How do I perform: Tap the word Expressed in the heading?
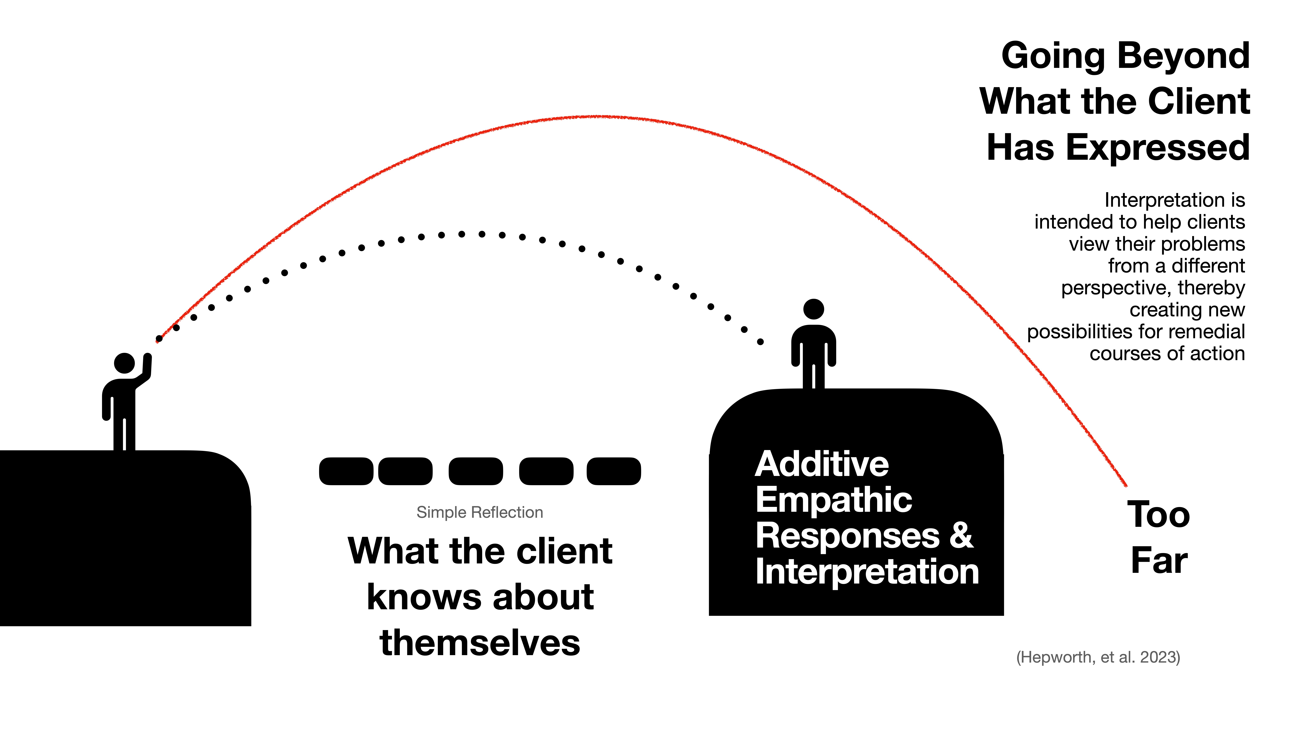click(1157, 148)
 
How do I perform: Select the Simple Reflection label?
click(479, 512)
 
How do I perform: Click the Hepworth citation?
click(1098, 657)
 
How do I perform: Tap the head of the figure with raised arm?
click(124, 363)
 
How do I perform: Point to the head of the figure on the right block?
click(813, 309)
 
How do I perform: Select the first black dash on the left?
click(346, 471)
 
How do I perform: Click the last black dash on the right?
click(614, 471)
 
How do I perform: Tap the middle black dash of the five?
click(475, 471)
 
